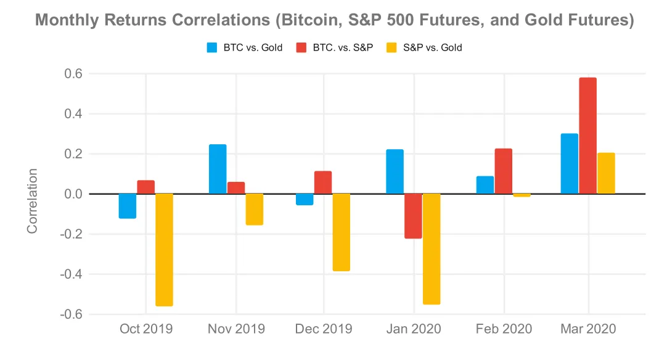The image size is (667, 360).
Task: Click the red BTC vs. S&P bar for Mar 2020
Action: point(587,136)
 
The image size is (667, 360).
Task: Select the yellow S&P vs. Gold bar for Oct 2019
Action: point(164,250)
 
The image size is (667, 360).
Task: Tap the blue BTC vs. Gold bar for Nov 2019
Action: point(218,170)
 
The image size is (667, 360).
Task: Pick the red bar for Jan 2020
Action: point(413,216)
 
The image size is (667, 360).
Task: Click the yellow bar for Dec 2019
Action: point(341,232)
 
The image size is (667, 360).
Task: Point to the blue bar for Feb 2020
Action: point(485,185)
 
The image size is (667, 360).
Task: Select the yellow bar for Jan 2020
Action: point(432,249)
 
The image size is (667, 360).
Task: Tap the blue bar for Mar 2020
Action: point(569,163)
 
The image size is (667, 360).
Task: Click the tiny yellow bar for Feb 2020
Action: point(522,195)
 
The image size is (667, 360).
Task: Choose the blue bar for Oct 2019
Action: point(128,206)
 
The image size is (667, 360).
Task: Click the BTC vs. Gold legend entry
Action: point(245,47)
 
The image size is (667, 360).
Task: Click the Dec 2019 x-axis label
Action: point(324,329)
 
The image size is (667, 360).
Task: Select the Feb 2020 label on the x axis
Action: point(504,329)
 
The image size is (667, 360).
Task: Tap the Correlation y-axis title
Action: point(32,201)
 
